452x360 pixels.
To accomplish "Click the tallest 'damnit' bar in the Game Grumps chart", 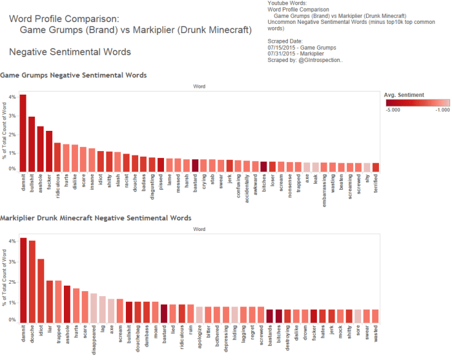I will coord(23,133).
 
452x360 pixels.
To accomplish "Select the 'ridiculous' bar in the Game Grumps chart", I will coord(57,157).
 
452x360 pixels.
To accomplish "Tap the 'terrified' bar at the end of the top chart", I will coord(376,167).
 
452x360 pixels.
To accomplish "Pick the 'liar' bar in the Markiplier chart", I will coord(50,300).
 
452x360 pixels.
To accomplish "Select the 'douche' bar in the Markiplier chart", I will coord(32,280).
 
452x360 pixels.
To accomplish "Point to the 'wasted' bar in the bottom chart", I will coord(375,315).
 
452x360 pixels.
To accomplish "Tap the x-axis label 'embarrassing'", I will coord(324,192).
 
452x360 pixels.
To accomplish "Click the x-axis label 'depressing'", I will coord(226,339).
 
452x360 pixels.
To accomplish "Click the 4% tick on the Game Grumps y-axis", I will coord(12,97).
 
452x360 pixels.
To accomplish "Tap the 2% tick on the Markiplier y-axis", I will coord(12,282).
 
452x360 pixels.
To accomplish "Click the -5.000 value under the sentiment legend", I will coord(393,111).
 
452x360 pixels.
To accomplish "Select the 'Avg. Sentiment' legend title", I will coord(404,95).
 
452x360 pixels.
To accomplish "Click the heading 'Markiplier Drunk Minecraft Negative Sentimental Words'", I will coord(96,218).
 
